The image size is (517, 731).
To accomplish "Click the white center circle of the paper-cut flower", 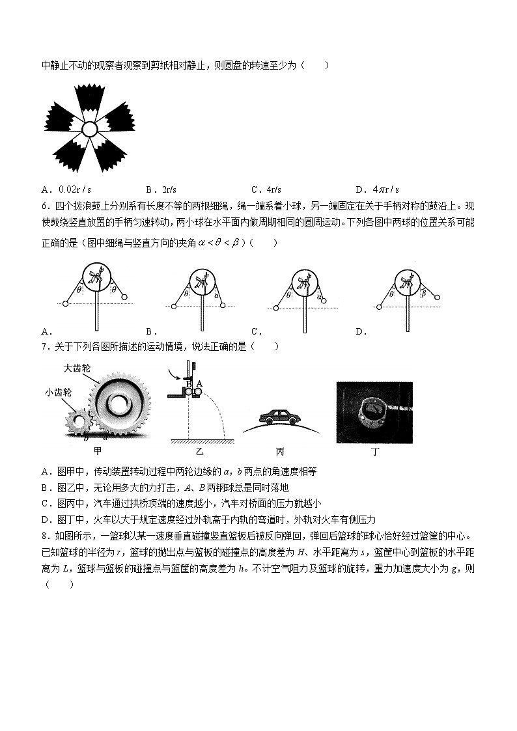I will pyautogui.click(x=89, y=129).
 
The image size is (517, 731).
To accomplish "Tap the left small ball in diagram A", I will pyautogui.click(x=65, y=303).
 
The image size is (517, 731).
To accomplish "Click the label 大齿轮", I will pyautogui.click(x=76, y=368).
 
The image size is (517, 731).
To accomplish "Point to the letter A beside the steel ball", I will pyautogui.click(x=199, y=383).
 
